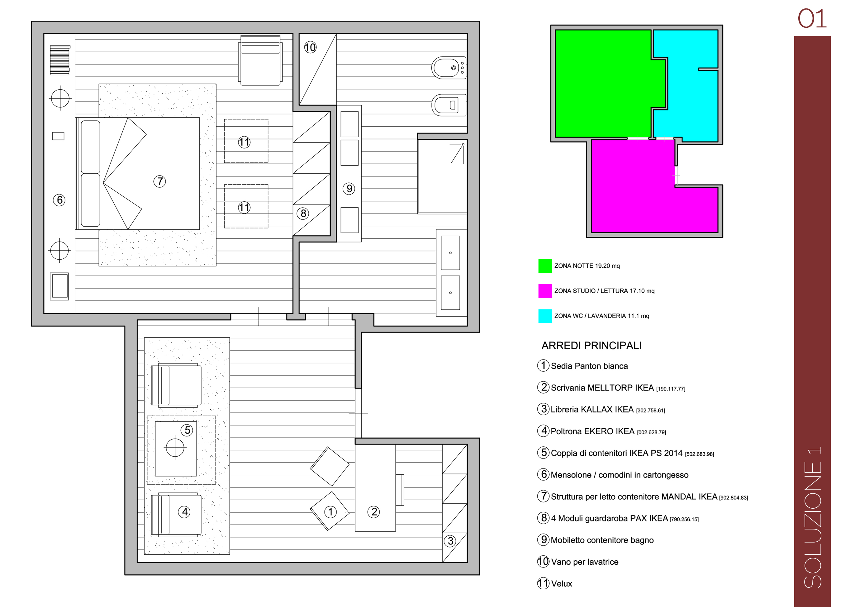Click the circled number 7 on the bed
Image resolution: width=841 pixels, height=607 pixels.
click(159, 181)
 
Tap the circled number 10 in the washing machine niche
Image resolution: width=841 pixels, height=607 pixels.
click(310, 47)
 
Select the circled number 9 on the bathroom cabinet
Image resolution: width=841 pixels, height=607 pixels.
click(349, 189)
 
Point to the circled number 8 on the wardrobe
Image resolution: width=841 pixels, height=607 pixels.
click(303, 213)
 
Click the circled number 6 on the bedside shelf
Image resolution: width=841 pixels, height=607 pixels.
click(59, 200)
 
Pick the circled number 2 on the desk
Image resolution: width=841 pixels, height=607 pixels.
click(373, 512)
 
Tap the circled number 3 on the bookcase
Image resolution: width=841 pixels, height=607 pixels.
click(450, 541)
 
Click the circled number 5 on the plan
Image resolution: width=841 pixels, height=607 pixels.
click(187, 430)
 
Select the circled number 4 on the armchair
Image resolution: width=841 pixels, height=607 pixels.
click(184, 512)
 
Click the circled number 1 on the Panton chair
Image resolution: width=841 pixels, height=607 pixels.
click(330, 512)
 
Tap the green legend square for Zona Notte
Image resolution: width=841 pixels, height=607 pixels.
click(545, 266)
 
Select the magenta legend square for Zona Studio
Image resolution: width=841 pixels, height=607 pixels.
click(545, 291)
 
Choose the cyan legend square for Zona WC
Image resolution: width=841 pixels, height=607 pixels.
click(545, 316)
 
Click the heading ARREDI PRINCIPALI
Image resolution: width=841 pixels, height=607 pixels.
click(592, 346)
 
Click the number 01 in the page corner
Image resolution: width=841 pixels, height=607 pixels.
click(812, 19)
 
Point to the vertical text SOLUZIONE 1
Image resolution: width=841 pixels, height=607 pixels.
click(813, 517)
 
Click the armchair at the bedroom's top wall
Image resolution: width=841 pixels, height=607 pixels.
click(260, 60)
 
